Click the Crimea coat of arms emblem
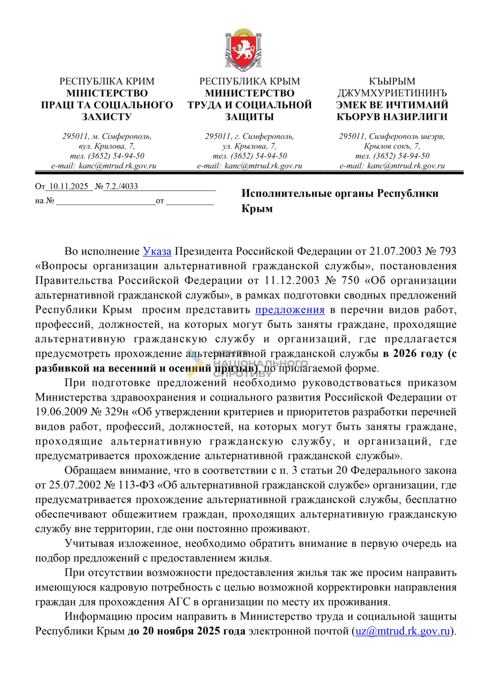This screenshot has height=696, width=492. (244, 50)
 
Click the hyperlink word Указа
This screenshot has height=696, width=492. (157, 251)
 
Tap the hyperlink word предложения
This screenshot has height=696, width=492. (290, 310)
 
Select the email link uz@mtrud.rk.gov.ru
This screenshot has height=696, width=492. (403, 631)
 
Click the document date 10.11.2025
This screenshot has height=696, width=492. (68, 186)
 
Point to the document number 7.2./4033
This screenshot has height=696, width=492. (121, 186)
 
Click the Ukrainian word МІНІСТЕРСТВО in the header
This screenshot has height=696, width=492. (107, 93)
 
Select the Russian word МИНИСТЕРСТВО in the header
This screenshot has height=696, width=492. (250, 93)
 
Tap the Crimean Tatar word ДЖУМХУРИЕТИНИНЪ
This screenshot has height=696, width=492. (392, 93)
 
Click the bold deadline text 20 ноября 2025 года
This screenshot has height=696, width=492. (193, 631)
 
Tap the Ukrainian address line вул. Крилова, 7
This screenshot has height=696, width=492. (107, 146)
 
